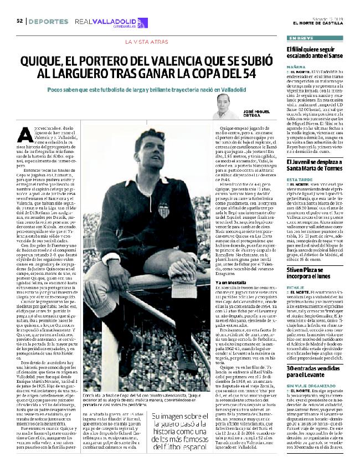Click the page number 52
(x=19, y=21)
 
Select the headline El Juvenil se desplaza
(x=320, y=161)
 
